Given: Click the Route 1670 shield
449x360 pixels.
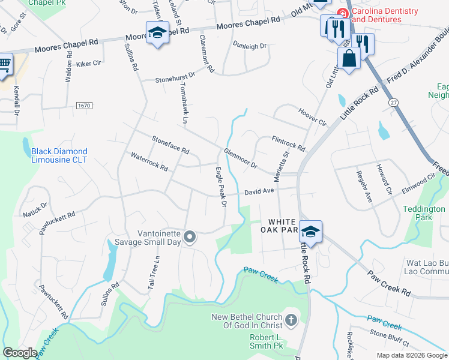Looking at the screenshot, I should (x=84, y=106).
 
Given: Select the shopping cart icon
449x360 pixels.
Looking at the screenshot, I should (x=4, y=63).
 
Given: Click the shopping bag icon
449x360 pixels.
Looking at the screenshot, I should (x=349, y=59).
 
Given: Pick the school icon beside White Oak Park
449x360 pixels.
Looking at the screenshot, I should (x=311, y=232).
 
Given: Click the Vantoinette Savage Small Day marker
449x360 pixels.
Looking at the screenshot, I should (x=190, y=238).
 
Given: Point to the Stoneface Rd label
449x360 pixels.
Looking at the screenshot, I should (x=170, y=144).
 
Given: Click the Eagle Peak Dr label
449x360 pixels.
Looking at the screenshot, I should (x=220, y=187).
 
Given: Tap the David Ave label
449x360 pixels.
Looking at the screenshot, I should (x=259, y=192).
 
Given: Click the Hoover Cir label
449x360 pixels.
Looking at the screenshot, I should (x=312, y=116).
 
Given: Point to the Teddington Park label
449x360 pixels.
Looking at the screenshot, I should (x=424, y=213).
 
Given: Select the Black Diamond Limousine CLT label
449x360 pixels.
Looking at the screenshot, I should (x=59, y=155).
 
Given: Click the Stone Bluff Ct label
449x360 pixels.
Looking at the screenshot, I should (x=389, y=337).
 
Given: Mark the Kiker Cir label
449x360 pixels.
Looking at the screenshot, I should (x=88, y=62).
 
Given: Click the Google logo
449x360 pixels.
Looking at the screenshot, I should (x=20, y=353).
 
